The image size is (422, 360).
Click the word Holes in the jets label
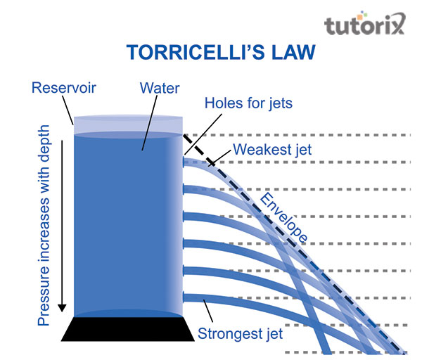[223, 103]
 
